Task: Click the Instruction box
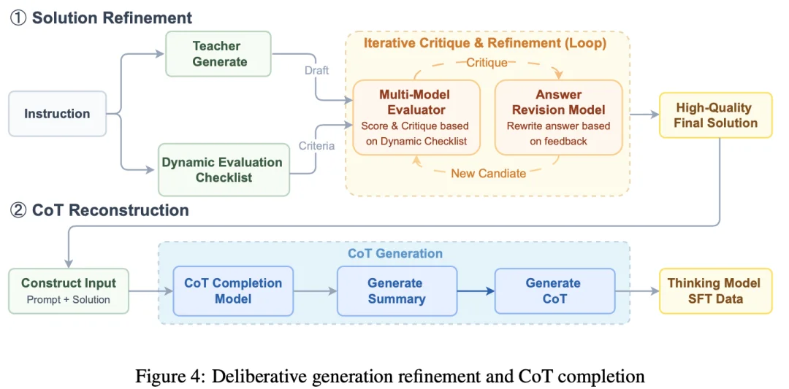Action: tap(57, 114)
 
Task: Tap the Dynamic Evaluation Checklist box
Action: tap(224, 169)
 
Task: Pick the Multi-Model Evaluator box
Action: tap(416, 117)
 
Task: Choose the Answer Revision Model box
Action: tap(559, 117)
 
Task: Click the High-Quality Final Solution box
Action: tap(715, 115)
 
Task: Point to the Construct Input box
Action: tap(69, 290)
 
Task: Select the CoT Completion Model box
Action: tap(233, 290)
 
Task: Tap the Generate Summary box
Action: tap(396, 290)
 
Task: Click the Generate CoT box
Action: tap(554, 290)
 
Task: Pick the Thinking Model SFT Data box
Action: tap(714, 290)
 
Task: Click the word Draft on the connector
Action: tap(317, 71)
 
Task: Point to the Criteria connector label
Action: tap(316, 146)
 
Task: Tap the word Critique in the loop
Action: tap(487, 63)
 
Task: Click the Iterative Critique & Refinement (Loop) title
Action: tap(485, 43)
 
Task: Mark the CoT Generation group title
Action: tap(394, 254)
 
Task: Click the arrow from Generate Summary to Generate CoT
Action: tap(476, 291)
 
